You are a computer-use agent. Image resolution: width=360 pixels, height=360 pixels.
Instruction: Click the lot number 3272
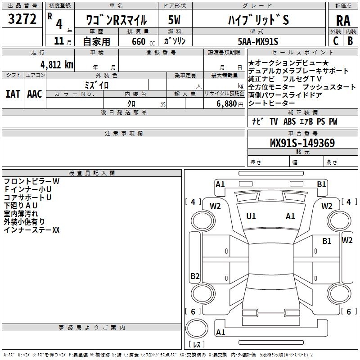[22, 19]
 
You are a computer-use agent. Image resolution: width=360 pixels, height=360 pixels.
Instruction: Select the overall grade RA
[343, 21]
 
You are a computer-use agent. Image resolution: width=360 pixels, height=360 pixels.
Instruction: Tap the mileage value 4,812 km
[57, 65]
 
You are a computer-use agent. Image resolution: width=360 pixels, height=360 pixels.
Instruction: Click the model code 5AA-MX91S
[258, 41]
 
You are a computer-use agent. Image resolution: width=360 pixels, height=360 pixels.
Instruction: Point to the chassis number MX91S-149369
[302, 143]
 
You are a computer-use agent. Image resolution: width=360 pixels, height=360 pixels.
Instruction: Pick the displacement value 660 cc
[143, 41]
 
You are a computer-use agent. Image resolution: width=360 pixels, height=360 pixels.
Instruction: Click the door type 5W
[174, 20]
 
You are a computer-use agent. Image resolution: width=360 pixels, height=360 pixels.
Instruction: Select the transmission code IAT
[13, 94]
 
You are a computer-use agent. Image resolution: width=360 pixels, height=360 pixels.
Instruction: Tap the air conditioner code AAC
[35, 94]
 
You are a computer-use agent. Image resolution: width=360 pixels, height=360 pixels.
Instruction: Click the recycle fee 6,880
[227, 104]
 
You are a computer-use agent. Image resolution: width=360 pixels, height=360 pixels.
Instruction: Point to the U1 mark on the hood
[251, 216]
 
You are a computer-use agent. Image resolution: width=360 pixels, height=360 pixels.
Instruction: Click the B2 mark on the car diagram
[195, 276]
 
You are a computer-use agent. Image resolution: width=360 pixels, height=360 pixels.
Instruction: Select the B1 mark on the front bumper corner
[321, 184]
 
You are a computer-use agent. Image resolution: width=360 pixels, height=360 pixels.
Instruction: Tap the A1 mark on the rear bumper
[220, 332]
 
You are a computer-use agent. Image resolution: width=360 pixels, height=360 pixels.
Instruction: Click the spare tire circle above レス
[197, 328]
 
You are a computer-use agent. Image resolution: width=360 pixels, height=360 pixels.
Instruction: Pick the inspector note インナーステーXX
[31, 230]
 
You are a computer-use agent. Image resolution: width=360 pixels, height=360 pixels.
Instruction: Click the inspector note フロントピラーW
[31, 181]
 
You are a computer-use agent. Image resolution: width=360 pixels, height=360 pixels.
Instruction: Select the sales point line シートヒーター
[271, 103]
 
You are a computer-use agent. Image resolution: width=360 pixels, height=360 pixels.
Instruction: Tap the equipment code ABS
[289, 121]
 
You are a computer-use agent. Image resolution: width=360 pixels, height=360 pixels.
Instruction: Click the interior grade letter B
[350, 41]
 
